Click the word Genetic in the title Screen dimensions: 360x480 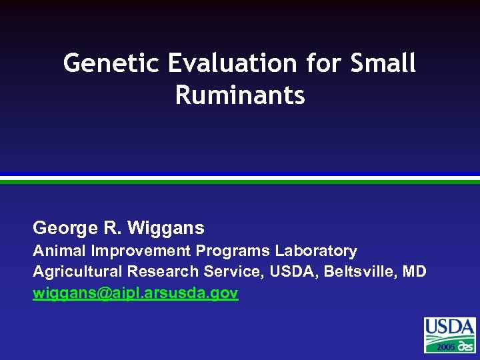[111, 64]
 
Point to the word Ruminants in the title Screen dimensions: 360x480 [240, 95]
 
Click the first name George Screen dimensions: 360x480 [63, 229]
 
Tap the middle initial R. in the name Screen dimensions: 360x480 [111, 229]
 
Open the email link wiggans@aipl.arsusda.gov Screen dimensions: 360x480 [135, 293]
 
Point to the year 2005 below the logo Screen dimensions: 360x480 [445, 348]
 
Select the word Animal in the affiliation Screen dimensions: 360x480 [60, 251]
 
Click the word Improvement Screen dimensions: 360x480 [141, 251]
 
